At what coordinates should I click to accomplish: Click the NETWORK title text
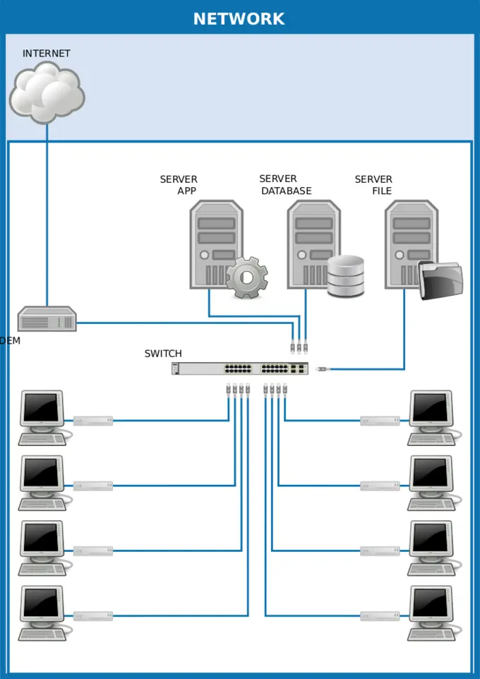coord(239,19)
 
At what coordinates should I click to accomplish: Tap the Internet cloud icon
coord(47,92)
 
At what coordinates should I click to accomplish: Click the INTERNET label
coord(47,54)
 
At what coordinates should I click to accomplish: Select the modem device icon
coord(47,320)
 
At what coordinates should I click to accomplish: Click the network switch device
coord(240,368)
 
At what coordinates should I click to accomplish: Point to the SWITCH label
coord(163,354)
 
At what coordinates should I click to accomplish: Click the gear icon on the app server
coord(246,277)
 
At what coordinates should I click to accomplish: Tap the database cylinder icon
coord(346,276)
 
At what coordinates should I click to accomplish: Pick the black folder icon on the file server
coord(440,280)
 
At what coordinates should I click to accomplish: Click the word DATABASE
coord(287,191)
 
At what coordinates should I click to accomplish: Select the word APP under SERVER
coord(187,191)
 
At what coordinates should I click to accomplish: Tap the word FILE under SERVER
coord(382,191)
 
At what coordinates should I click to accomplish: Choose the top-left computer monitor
coord(42,409)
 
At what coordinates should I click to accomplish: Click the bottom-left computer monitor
coord(42,604)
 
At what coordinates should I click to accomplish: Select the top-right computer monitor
coord(431,409)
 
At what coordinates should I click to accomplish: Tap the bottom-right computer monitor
coord(431,604)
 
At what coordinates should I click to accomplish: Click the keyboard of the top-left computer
coord(42,439)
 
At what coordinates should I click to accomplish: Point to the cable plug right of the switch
coord(323,368)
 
